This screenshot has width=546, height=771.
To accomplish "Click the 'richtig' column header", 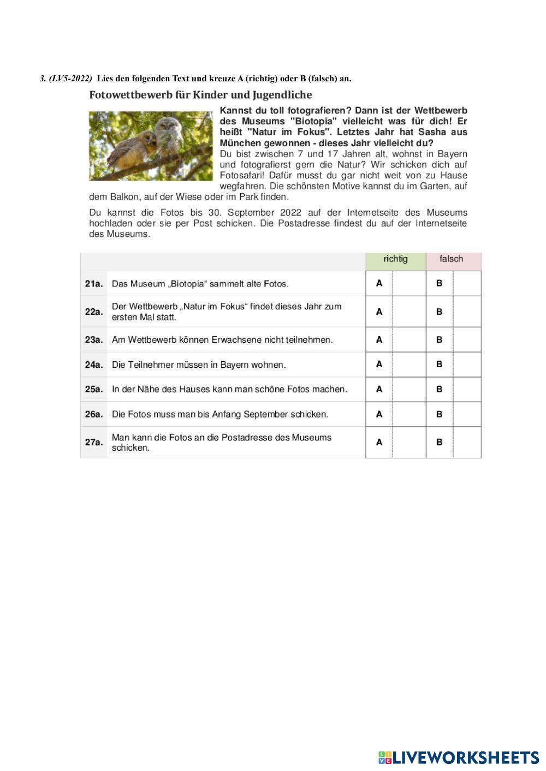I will [395, 259].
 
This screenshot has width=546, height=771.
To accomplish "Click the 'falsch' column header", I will [451, 259].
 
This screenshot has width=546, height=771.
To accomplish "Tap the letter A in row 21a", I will [379, 283].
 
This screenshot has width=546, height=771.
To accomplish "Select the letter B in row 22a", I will [440, 312].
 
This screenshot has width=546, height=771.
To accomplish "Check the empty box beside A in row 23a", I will [409, 339].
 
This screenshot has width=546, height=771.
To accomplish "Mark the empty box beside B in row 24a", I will [467, 364].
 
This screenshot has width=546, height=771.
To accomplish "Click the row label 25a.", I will [94, 389].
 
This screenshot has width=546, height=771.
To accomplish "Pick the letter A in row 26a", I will [379, 414].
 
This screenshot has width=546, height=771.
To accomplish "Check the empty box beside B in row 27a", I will [467, 442].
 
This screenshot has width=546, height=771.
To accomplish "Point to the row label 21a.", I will [94, 283].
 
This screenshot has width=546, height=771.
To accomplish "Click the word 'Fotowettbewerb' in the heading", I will [130, 95].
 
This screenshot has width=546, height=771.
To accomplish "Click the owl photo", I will [151, 146].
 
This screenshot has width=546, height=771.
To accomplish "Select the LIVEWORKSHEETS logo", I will [459, 757].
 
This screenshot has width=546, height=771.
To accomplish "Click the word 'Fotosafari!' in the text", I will [242, 175].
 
